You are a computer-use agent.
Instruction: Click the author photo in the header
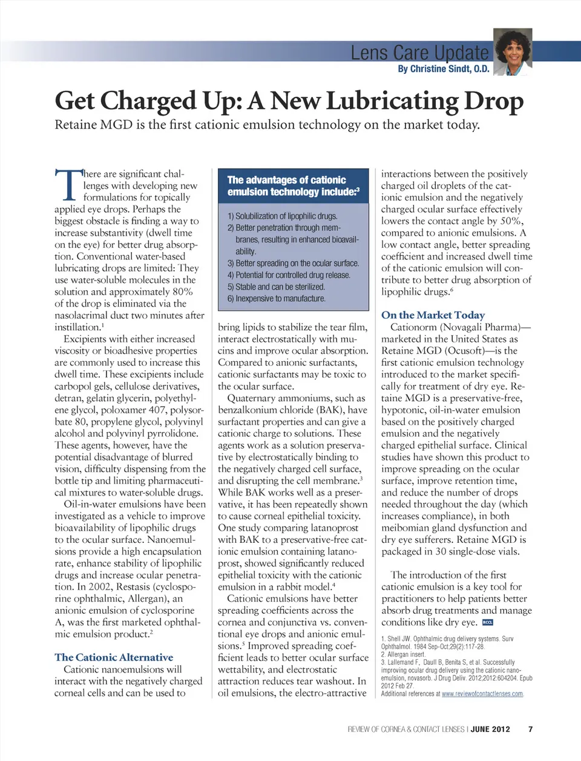pos(513,52)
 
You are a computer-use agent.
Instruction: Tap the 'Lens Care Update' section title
pos(419,53)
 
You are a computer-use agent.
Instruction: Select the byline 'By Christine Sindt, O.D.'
pos(444,69)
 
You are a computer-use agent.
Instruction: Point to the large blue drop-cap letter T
pos(68,185)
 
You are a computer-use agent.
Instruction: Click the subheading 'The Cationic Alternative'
pos(114,657)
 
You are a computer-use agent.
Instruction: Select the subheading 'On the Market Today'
pos(433,315)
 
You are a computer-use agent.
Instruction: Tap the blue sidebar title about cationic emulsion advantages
pos(293,186)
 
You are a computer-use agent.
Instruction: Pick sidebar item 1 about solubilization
pos(283,216)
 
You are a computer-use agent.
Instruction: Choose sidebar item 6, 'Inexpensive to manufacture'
pos(277,299)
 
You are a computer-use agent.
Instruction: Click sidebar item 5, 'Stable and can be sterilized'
pos(276,287)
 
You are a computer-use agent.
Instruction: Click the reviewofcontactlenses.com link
pos(482,694)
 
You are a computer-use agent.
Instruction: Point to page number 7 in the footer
pos(530,729)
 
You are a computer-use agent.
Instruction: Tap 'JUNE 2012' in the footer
pos(490,729)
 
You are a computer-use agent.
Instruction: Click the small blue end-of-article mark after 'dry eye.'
pos(488,623)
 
